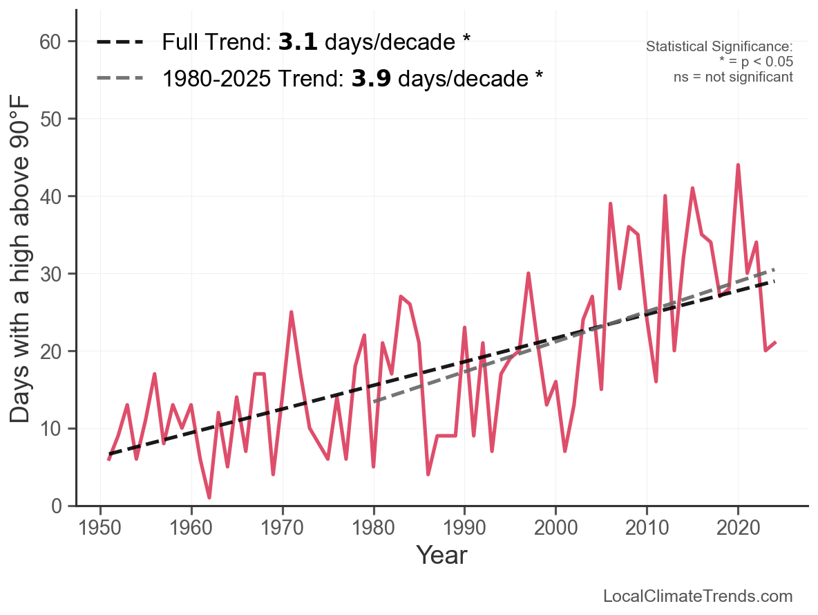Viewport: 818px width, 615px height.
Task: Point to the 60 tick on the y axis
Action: pos(58,42)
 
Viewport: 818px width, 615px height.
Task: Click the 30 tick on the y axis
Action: pos(58,274)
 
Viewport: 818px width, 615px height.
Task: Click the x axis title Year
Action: pos(441,555)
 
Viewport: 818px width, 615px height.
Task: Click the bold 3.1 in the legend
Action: pos(298,42)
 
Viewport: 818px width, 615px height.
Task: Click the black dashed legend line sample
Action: pos(120,42)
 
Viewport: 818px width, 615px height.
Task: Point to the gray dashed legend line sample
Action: pos(120,78)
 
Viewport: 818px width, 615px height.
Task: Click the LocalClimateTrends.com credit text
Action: pos(698,596)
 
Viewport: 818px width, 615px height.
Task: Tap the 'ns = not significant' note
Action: pos(733,77)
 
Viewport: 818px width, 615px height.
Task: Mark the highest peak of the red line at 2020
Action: pos(738,165)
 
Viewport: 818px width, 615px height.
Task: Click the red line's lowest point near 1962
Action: pos(209,497)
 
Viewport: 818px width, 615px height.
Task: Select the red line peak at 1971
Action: pos(292,312)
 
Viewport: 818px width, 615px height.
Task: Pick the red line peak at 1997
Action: pos(529,273)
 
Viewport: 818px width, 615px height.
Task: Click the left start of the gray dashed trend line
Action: pos(374,401)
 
